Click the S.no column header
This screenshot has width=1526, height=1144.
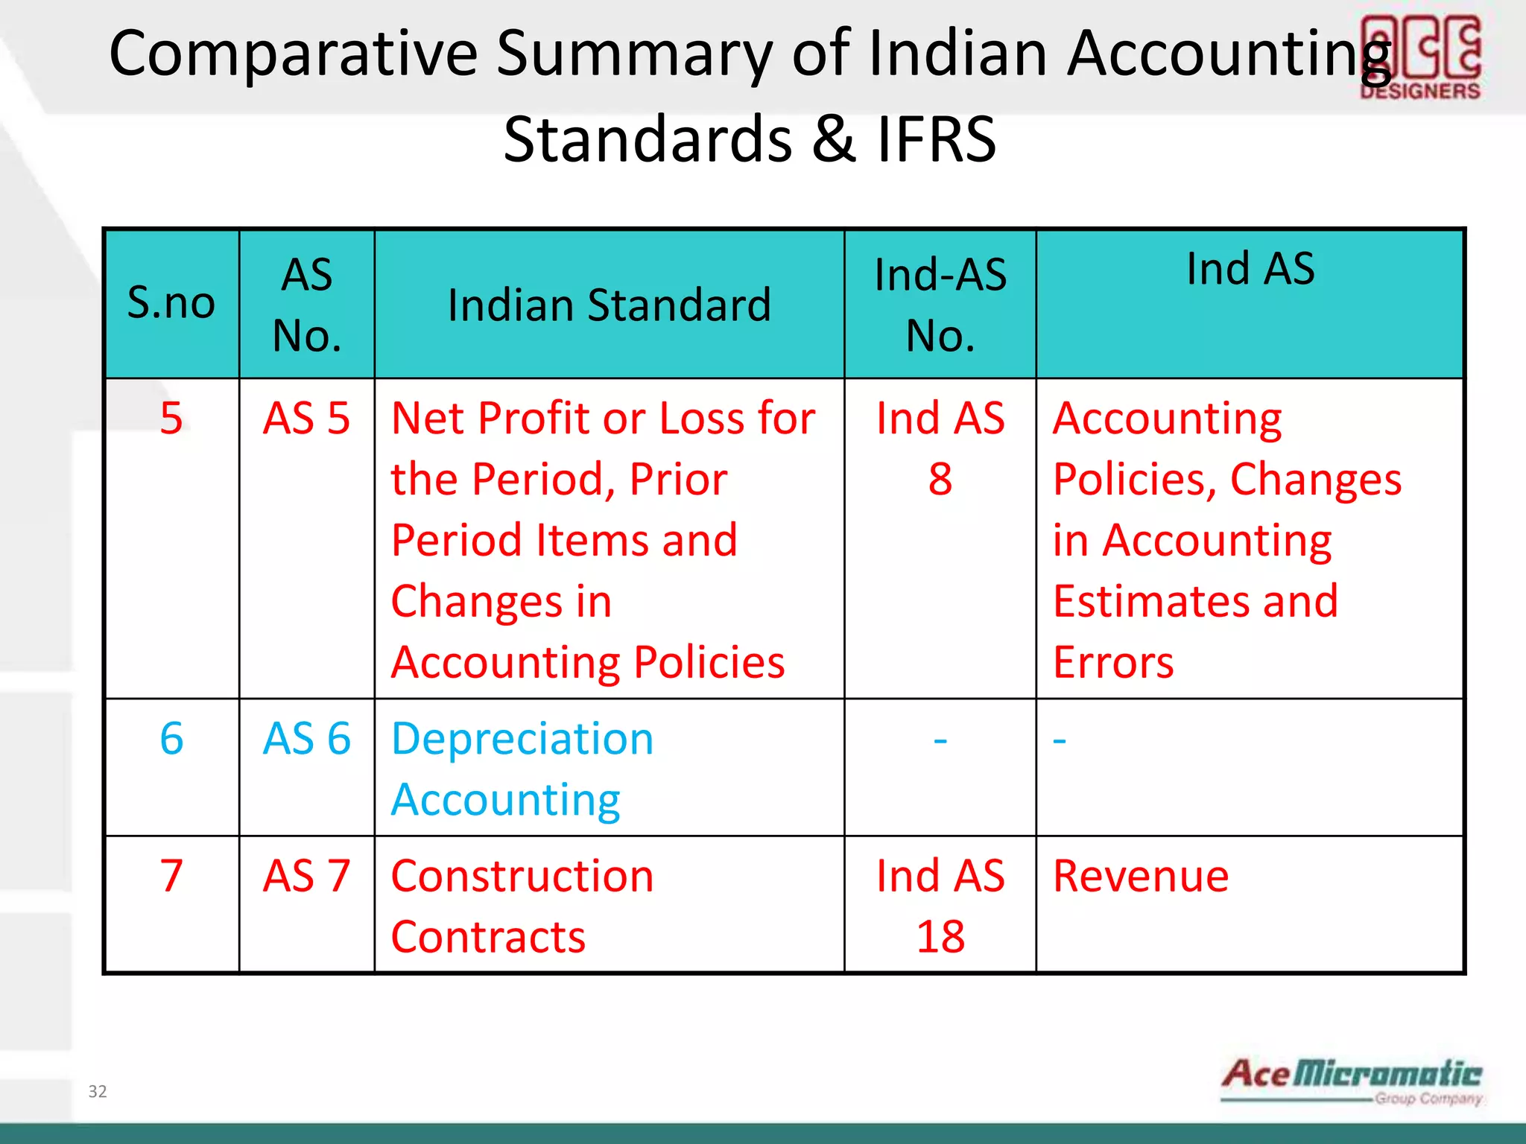point(171,303)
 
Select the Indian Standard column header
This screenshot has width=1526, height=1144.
point(609,305)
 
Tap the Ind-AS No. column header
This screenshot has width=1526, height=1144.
point(940,305)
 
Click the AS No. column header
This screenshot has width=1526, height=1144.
point(307,305)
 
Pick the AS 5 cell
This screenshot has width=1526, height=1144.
point(307,419)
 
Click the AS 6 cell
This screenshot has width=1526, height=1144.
point(307,739)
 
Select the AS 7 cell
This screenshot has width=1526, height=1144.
point(307,876)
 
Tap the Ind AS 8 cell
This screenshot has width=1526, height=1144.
point(940,448)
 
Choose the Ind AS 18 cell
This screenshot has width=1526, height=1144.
point(940,906)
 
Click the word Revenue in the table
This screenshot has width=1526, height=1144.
point(1141,877)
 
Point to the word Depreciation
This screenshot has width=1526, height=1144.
point(522,740)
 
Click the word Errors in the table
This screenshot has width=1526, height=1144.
point(1113,662)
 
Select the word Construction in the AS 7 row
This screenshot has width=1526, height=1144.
point(522,877)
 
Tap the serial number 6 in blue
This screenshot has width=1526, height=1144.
point(171,739)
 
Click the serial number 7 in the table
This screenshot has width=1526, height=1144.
point(171,876)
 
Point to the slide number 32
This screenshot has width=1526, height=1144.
point(98,1092)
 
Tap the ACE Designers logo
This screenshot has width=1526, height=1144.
point(1420,58)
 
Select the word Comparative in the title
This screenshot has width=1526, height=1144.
point(293,54)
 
